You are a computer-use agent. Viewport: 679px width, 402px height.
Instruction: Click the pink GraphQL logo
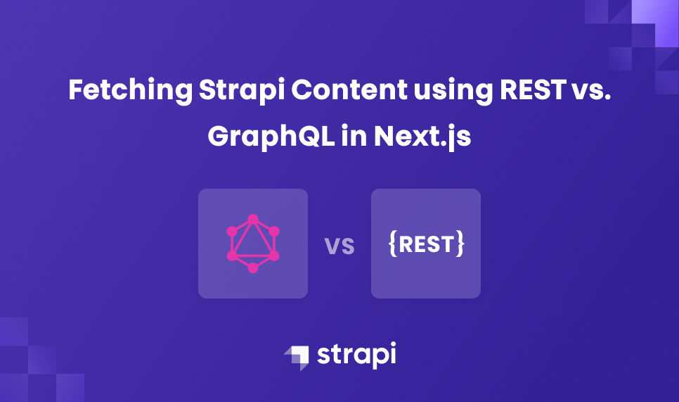pos(253,244)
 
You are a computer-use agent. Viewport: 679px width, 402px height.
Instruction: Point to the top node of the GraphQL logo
pos(253,219)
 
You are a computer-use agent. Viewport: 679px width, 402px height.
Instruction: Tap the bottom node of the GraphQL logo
pos(253,268)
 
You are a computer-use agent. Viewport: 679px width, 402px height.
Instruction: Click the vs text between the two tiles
pos(339,246)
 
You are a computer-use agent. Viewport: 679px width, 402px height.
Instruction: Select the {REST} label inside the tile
pos(426,244)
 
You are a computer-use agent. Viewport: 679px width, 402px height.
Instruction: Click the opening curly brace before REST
pos(392,244)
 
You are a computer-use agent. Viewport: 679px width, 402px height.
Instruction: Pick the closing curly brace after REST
pos(460,244)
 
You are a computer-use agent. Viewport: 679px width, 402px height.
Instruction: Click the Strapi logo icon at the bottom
pos(296,357)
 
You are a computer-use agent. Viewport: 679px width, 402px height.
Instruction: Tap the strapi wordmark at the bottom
pos(356,354)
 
